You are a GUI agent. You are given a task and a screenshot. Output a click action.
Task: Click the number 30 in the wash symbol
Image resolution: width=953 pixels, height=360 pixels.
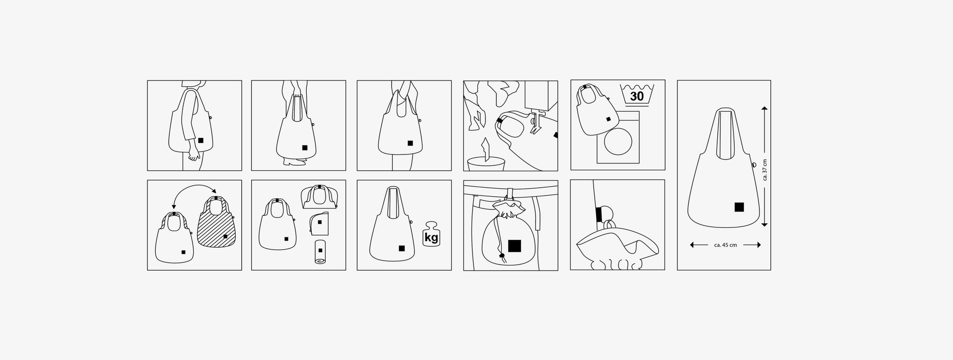tap(636, 96)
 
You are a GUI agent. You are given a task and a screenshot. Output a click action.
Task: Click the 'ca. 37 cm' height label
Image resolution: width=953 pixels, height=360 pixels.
tap(765, 170)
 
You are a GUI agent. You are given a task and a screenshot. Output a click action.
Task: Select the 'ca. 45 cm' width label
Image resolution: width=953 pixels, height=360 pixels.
tap(725, 245)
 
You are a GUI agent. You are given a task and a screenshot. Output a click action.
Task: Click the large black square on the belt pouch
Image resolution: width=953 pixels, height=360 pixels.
tap(514, 245)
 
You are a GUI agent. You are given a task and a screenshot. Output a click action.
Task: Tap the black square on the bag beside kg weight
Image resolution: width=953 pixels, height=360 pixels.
tap(402, 248)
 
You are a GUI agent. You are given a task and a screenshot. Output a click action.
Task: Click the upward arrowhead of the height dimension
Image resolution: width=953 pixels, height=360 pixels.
tap(764, 108)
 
